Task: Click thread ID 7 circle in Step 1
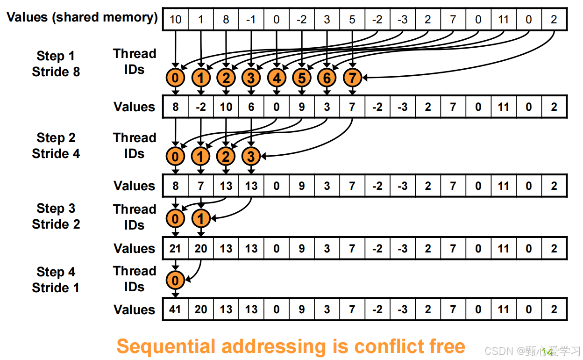click(352, 78)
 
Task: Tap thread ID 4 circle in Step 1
click(277, 78)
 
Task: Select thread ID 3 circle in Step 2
click(251, 156)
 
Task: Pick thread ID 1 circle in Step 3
click(201, 218)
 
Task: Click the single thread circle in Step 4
click(176, 281)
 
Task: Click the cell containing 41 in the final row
click(176, 309)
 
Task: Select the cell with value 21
click(176, 248)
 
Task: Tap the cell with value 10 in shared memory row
click(176, 19)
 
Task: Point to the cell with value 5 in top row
click(352, 19)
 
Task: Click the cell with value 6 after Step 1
click(251, 107)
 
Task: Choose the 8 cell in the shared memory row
click(226, 19)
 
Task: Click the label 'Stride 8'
click(56, 72)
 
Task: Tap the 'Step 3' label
click(56, 209)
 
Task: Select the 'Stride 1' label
click(56, 288)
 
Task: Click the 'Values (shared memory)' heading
click(82, 17)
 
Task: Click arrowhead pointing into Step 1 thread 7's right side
click(365, 77)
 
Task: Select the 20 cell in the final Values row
click(201, 309)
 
